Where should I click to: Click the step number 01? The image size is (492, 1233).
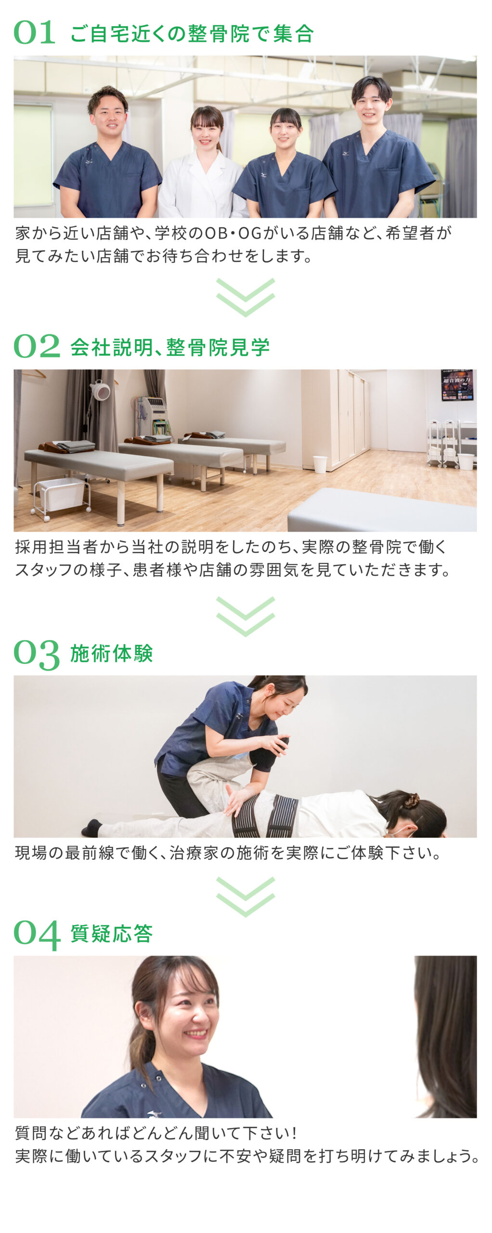click(34, 33)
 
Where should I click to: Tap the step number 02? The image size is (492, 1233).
click(37, 346)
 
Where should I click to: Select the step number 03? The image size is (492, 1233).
click(37, 655)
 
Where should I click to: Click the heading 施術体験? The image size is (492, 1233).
click(112, 654)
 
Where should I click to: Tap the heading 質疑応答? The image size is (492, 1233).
click(112, 933)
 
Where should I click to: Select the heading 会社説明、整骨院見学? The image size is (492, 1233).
click(170, 347)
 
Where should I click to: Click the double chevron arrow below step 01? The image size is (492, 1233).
click(246, 297)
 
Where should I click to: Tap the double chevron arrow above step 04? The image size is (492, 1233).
click(246, 896)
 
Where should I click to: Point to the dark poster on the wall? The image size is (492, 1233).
click(457, 385)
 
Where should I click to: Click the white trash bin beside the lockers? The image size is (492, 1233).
click(320, 464)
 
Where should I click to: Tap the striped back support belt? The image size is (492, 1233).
click(265, 815)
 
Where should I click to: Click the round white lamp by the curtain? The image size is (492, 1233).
click(101, 391)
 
